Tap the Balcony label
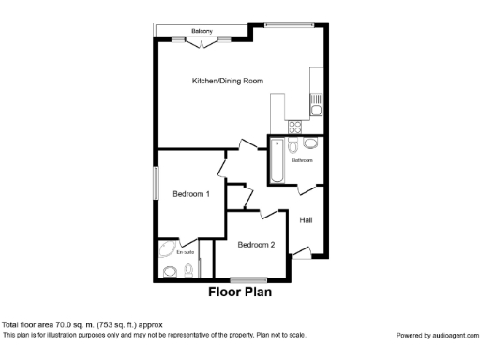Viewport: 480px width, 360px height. click(x=201, y=31)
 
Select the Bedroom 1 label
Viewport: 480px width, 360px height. click(x=190, y=194)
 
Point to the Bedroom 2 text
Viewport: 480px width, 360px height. click(x=256, y=245)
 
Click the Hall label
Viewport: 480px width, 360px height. click(x=306, y=220)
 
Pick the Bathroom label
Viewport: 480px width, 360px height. click(x=302, y=160)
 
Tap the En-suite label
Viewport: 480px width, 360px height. click(x=184, y=251)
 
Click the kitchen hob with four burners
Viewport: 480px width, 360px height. click(x=294, y=124)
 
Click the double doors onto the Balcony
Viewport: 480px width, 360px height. click(x=201, y=40)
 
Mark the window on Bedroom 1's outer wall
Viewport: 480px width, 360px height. click(x=156, y=182)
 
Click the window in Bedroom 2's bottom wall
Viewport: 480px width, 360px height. click(x=247, y=279)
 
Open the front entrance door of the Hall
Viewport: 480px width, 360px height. click(x=300, y=250)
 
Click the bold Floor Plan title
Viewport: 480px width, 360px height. click(x=240, y=292)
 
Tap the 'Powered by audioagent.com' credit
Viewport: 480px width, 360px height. click(x=436, y=335)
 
